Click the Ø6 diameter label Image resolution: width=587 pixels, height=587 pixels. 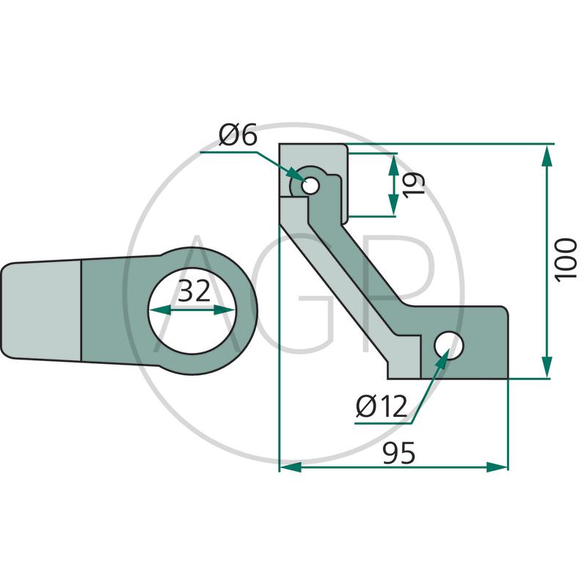click(x=238, y=135)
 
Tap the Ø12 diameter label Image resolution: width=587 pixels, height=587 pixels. click(x=381, y=406)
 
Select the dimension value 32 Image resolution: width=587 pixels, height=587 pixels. click(x=194, y=291)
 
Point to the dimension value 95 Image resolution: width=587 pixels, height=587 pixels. click(x=398, y=453)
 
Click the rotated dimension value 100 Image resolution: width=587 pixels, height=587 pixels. click(x=565, y=260)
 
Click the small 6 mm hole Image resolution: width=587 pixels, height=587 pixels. click(x=310, y=186)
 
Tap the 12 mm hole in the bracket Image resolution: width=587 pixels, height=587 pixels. click(x=449, y=345)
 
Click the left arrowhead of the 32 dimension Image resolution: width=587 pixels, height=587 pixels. click(x=160, y=310)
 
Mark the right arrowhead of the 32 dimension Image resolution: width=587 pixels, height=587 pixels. click(x=224, y=310)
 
